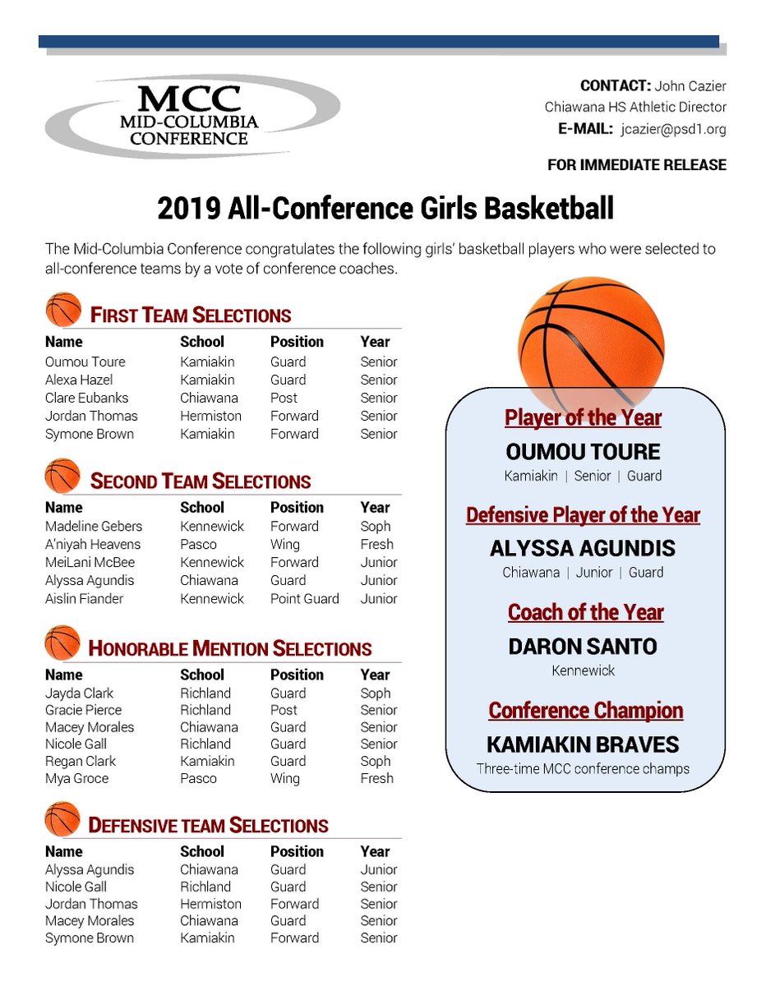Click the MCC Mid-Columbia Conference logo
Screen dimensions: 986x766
192,117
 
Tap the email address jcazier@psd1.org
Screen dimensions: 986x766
673,129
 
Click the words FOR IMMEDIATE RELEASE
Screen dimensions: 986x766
636,165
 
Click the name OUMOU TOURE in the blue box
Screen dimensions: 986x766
584,451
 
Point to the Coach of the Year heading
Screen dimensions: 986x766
585,612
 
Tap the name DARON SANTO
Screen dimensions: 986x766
583,646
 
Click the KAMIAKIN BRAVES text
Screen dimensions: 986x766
583,744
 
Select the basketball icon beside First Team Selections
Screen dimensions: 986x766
63,311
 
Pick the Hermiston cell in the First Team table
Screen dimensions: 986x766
210,416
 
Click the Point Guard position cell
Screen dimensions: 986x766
304,598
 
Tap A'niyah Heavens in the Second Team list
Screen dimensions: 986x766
93,544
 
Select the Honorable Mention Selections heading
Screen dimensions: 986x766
229,648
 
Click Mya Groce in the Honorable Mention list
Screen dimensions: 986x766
76,778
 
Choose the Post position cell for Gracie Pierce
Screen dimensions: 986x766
284,710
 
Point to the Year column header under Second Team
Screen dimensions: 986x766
375,507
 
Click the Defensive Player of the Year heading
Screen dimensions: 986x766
583,515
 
